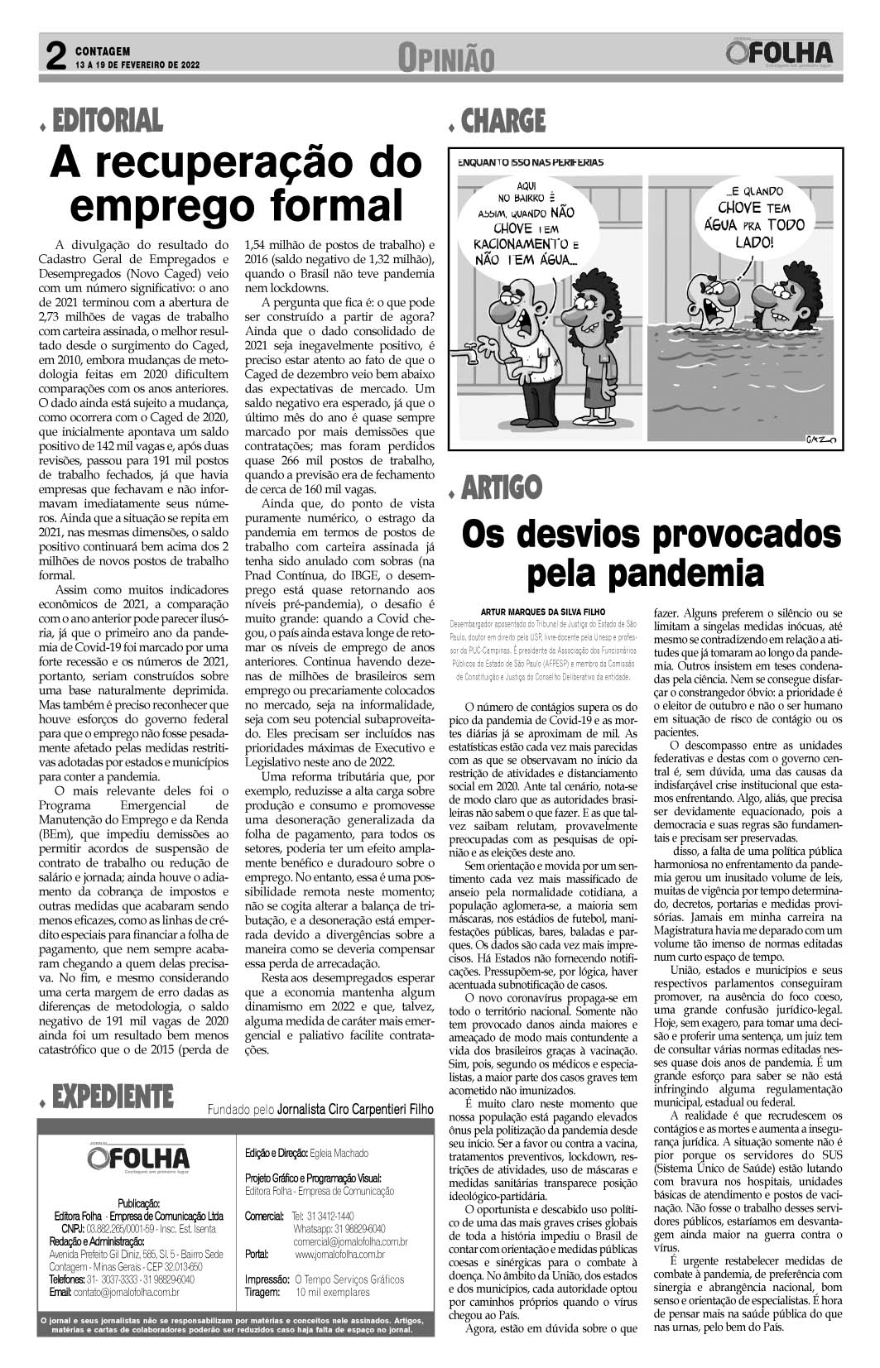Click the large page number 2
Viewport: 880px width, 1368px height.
(55, 55)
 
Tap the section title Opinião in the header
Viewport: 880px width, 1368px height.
(445, 58)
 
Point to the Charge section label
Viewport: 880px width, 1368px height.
(503, 122)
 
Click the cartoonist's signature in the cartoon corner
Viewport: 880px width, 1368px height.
(820, 438)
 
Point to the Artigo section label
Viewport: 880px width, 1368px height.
(501, 487)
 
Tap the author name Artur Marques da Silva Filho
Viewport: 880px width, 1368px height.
(543, 612)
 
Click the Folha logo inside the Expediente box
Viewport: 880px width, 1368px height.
(137, 1156)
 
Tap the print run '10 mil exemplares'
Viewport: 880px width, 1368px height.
(332, 1292)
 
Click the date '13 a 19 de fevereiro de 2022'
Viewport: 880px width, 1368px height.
(138, 65)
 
